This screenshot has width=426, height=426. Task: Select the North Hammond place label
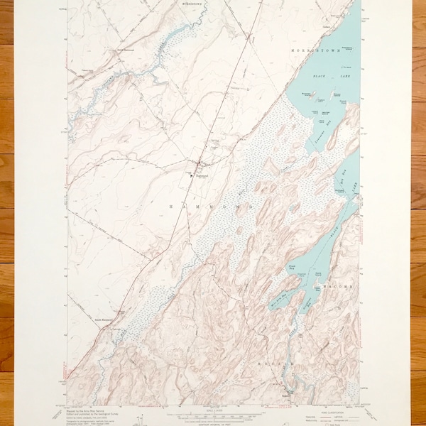tap(126, 50)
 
